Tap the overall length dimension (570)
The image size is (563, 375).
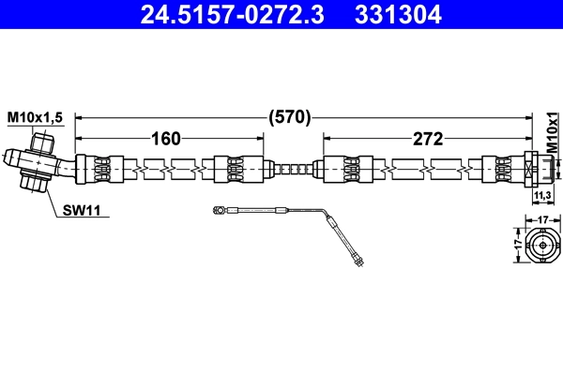click(x=289, y=118)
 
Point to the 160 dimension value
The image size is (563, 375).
click(x=166, y=140)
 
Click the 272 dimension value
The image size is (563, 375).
click(x=428, y=140)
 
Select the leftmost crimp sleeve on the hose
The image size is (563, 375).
click(x=101, y=170)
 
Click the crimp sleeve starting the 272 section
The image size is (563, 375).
click(x=342, y=170)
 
